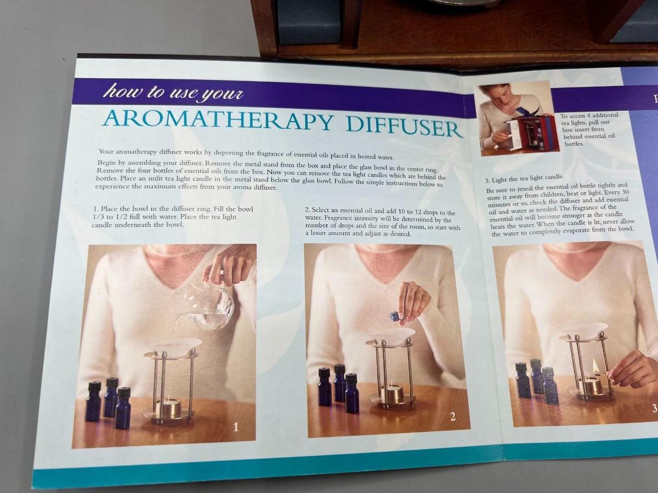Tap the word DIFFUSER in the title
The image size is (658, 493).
[404, 127]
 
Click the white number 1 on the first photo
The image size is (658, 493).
[236, 428]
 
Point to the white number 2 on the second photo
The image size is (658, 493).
[453, 416]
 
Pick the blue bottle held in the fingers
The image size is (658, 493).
[395, 317]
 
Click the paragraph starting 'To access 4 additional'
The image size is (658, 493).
[589, 130]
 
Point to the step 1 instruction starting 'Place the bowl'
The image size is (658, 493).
[173, 217]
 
